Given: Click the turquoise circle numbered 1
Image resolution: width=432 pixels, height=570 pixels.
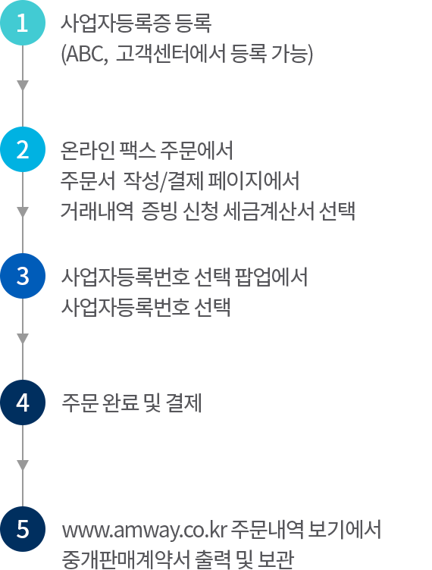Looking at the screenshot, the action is [23, 23].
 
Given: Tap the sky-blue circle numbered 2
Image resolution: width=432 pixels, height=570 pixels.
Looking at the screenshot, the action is [23, 149].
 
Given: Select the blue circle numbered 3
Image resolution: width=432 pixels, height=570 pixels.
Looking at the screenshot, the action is [23, 276].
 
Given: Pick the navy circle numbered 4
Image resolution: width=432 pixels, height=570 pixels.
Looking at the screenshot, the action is [23, 402].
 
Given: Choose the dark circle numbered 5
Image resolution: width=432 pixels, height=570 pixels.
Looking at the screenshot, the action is [23, 529].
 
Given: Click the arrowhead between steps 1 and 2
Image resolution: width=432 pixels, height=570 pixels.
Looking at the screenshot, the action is [23, 86].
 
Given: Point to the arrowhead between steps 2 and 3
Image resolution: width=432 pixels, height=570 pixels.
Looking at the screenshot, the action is [23, 212].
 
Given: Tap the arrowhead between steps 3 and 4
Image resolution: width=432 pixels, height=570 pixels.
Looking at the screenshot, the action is [23, 339].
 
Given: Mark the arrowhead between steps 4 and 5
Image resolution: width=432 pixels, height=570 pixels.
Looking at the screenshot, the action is [23, 465].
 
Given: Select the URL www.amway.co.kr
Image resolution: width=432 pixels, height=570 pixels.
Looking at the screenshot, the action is [144, 531].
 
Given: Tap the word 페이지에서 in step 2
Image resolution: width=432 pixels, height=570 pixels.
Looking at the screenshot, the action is [254, 180].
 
